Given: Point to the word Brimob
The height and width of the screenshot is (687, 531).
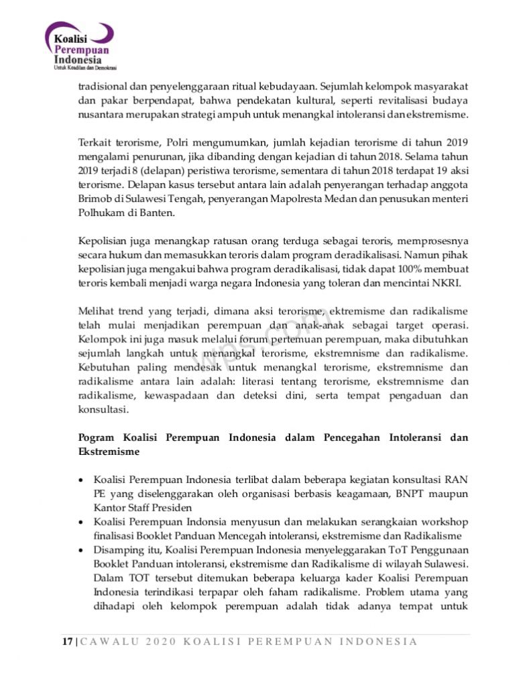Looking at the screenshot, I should (93, 199).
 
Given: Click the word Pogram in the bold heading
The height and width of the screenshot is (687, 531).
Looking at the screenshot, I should (97, 437).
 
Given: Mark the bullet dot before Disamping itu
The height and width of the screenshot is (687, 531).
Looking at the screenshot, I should (82, 550).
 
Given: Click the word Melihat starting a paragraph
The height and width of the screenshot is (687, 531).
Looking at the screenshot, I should (97, 312).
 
